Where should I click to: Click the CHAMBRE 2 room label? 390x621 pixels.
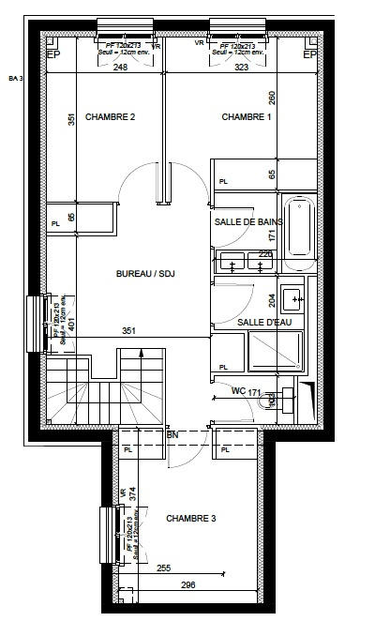pos(111,117)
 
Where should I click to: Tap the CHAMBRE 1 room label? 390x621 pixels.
pos(247,117)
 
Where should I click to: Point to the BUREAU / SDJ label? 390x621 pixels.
pos(146,274)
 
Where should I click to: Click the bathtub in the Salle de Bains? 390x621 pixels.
pos(300,227)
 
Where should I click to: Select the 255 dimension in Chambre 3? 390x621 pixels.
pos(164,568)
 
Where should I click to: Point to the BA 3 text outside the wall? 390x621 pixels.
pos(15,78)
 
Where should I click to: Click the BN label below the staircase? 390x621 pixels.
pos(172,435)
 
